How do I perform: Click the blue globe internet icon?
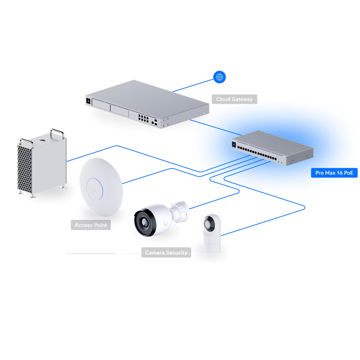point(220,77)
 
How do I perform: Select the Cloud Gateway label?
point(234,99)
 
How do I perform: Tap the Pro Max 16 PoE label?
point(334,173)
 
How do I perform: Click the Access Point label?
point(90,225)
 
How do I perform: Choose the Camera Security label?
point(166,252)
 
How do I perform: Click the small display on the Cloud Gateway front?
point(89,101)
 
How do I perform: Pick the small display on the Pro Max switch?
point(234,144)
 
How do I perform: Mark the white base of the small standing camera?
point(211,243)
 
